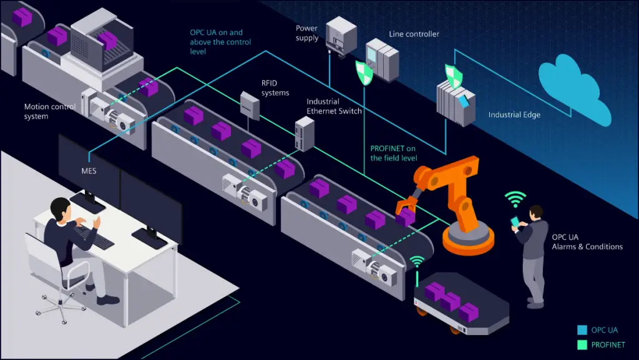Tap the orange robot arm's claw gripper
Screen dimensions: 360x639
402,207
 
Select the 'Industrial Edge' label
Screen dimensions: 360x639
514,115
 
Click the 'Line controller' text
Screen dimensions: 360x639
414,34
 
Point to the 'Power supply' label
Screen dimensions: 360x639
308,33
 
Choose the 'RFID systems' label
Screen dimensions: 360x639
275,88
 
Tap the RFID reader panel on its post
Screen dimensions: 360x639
250,105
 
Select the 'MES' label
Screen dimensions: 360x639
89,169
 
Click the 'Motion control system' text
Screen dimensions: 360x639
50,111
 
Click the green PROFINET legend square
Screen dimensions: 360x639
582,344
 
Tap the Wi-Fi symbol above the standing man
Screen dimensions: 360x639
515,199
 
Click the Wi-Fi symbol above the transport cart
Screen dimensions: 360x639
417,260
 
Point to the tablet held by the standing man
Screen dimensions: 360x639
515,221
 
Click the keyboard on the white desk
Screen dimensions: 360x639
94,236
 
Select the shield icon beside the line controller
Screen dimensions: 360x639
364,72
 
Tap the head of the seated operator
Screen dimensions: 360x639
60,208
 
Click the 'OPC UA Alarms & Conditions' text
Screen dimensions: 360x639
587,242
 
